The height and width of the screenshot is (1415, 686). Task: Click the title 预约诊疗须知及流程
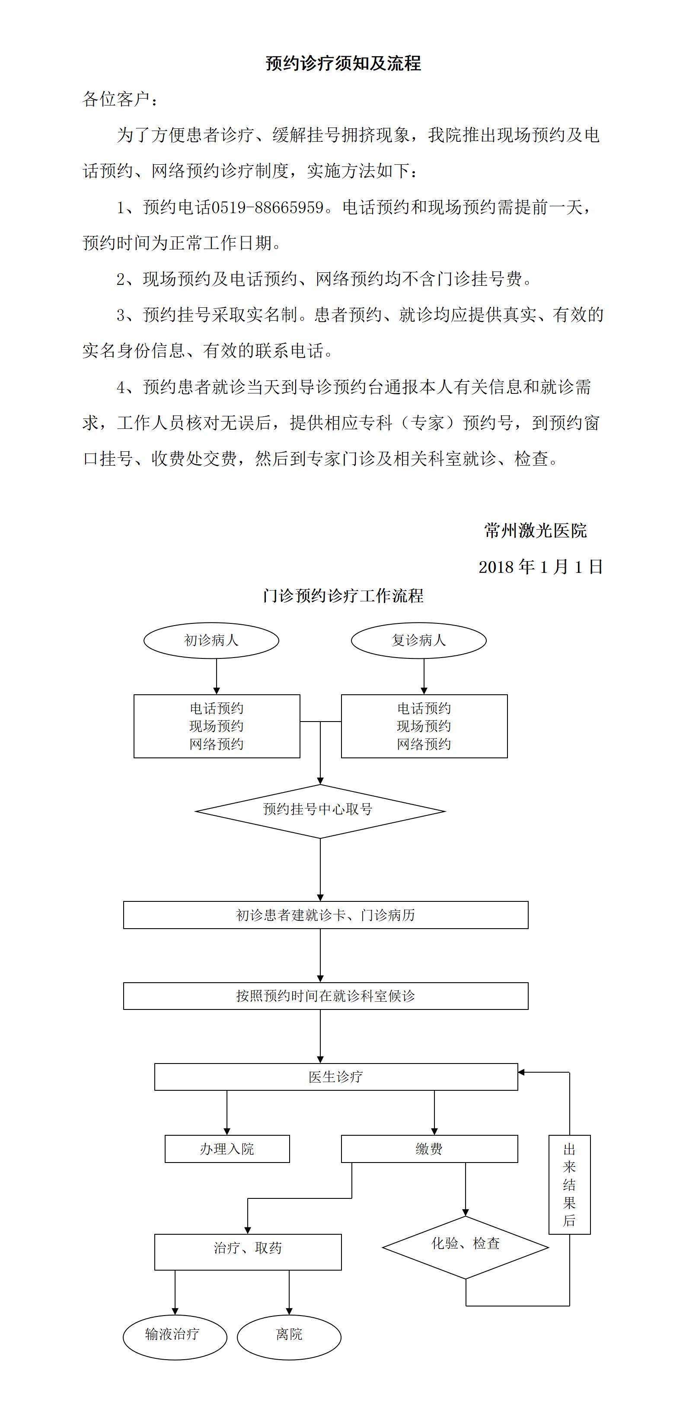(343, 63)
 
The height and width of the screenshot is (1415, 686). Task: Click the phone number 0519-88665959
(268, 208)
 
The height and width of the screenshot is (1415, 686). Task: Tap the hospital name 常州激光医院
(536, 530)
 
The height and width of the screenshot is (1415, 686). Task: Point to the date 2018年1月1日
(541, 567)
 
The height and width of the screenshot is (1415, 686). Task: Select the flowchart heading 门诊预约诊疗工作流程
(343, 596)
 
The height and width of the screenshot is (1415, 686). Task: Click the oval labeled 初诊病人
(211, 640)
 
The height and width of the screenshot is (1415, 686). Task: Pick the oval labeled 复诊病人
(419, 640)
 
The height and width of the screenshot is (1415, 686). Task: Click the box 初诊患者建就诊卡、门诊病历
(325, 915)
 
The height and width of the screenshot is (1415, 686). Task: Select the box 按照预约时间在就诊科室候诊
(325, 996)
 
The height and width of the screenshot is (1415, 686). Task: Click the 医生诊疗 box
(336, 1076)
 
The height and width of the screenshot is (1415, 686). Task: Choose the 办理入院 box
(227, 1149)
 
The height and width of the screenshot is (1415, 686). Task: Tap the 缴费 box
(430, 1149)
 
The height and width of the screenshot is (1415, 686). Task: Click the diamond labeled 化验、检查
(466, 1247)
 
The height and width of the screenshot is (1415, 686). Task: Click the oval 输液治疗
(175, 1337)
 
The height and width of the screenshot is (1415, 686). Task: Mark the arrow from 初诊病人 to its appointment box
(217, 677)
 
